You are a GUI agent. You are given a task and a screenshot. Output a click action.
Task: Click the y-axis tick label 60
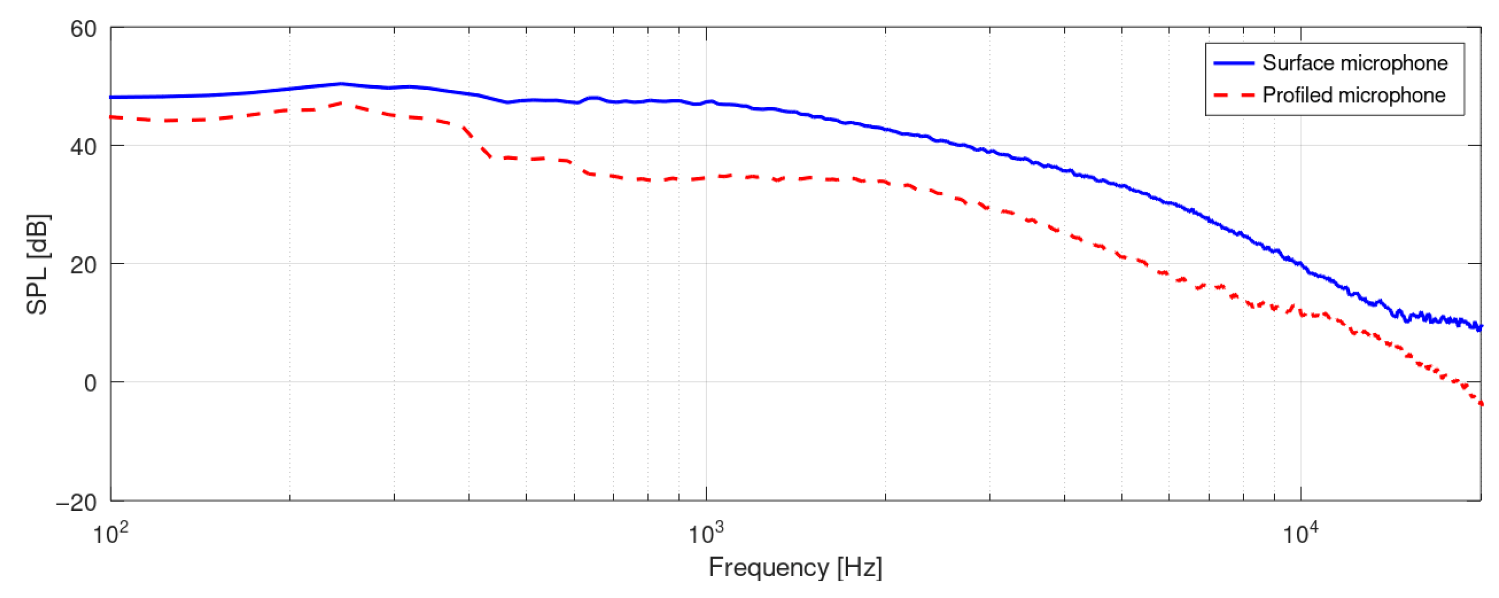pyautogui.click(x=83, y=29)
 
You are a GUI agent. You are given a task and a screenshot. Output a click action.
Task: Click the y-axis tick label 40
pyautogui.click(x=83, y=147)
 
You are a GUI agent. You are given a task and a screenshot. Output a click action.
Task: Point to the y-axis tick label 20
pyautogui.click(x=83, y=265)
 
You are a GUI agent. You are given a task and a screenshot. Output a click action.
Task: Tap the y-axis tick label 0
pyautogui.click(x=90, y=383)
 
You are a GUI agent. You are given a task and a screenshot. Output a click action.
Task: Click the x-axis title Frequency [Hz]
pyautogui.click(x=795, y=567)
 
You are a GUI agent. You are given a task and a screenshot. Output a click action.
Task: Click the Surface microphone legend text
pyautogui.click(x=1355, y=63)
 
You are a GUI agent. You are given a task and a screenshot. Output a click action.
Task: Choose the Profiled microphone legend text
pyautogui.click(x=1353, y=95)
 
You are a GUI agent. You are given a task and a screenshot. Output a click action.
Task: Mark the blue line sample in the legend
pyautogui.click(x=1233, y=63)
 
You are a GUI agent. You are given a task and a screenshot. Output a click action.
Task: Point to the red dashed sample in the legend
pyautogui.click(x=1233, y=95)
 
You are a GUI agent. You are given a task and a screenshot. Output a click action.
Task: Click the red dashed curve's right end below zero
pyautogui.click(x=1480, y=403)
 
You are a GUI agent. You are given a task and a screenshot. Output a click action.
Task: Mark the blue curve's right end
pyautogui.click(x=1480, y=328)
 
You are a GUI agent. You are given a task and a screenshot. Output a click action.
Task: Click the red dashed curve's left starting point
pyautogui.click(x=112, y=117)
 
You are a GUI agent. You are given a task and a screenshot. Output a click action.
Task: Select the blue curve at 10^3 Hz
pyautogui.click(x=706, y=102)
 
